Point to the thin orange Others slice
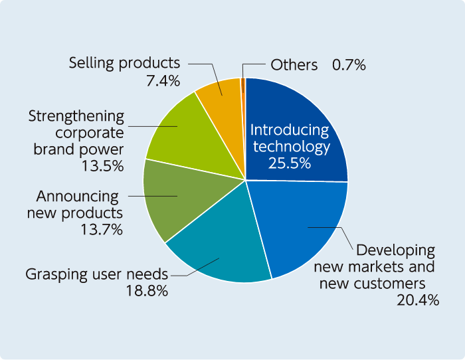[x=243, y=82]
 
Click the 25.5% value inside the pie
[x=290, y=163]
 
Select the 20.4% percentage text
[x=417, y=300]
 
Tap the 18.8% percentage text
[x=146, y=290]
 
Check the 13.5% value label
[x=102, y=166]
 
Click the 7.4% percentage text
[x=163, y=81]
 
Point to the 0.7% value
[x=349, y=65]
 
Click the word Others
[x=294, y=65]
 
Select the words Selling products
[x=124, y=63]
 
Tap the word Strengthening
[x=76, y=116]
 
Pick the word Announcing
[x=77, y=197]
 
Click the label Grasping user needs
[x=96, y=274]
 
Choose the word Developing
[x=395, y=251]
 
